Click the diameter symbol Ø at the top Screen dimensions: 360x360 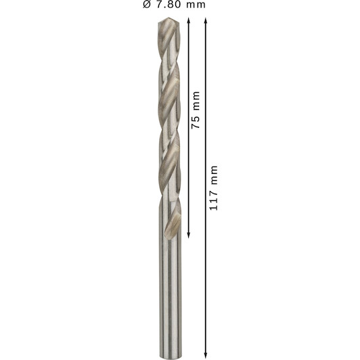point(147,4)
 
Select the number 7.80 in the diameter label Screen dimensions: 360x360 point(168,4)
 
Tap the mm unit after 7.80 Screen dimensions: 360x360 point(196,5)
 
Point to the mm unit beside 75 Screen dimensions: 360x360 point(196,101)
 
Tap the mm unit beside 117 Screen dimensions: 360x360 point(213,175)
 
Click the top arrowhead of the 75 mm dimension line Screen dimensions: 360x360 point(189,21)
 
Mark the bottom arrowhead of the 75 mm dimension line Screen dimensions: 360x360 point(189,235)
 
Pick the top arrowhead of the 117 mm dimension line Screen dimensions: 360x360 point(206,21)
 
